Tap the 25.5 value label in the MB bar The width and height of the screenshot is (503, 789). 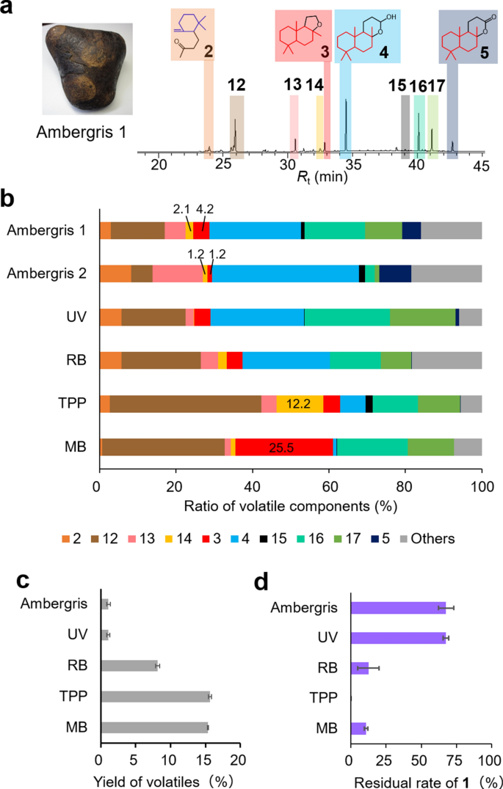pyautogui.click(x=281, y=448)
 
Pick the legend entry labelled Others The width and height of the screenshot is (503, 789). pyautogui.click(x=427, y=539)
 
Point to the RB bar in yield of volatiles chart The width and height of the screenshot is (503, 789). pyautogui.click(x=129, y=666)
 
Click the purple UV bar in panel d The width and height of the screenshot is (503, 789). pyautogui.click(x=398, y=638)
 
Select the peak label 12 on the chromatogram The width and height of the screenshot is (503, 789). pyautogui.click(x=236, y=86)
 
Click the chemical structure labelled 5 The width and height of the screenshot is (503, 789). pyautogui.click(x=463, y=35)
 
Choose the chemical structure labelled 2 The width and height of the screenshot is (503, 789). pyautogui.click(x=192, y=34)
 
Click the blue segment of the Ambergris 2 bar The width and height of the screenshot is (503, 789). pyautogui.click(x=285, y=274)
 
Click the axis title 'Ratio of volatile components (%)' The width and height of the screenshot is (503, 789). pyautogui.click(x=291, y=506)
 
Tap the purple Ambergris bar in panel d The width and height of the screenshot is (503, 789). pyautogui.click(x=398, y=608)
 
